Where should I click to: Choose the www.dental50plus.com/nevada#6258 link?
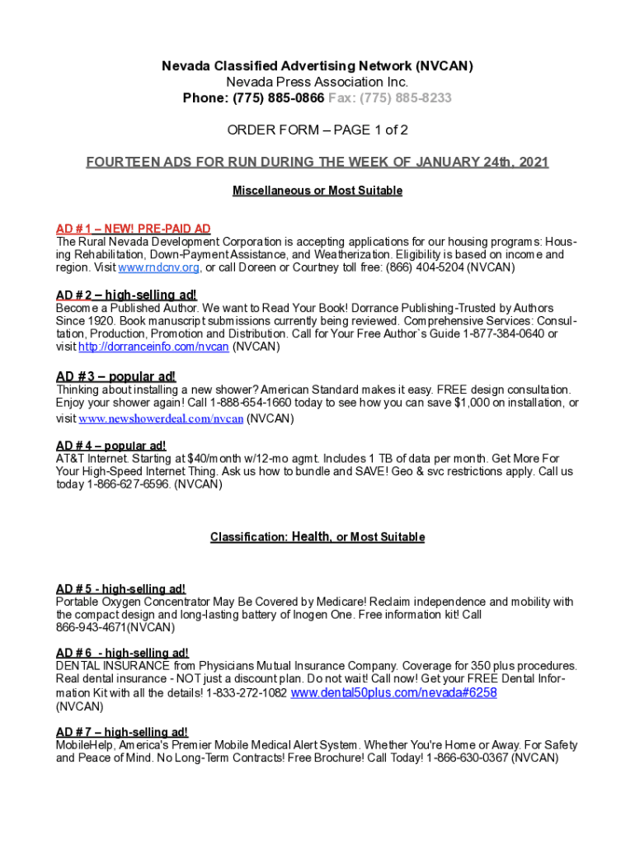click(x=394, y=693)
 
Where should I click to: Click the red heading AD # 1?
click(x=133, y=229)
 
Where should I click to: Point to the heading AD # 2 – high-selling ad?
click(x=126, y=295)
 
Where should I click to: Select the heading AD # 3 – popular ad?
click(x=115, y=376)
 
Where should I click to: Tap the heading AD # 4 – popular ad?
click(x=111, y=446)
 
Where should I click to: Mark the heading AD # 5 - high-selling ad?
click(x=120, y=588)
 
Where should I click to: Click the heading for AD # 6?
click(x=122, y=653)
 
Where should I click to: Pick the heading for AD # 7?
click(x=121, y=732)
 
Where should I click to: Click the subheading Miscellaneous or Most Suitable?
click(x=317, y=191)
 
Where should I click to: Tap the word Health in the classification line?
click(x=311, y=536)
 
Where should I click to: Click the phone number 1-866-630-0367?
click(x=467, y=758)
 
